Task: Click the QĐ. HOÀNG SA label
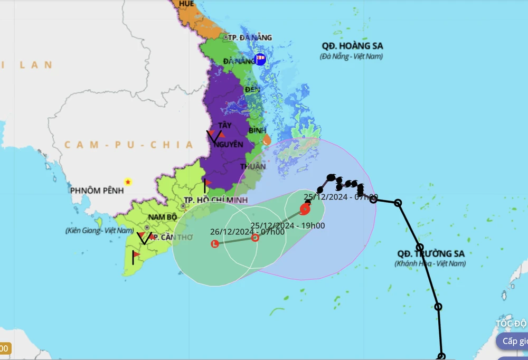[352, 46]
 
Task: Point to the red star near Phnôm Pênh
[128, 182]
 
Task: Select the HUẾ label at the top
[186, 4]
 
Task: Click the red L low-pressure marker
[214, 244]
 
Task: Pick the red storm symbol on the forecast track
[305, 209]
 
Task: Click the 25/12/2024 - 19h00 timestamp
[288, 226]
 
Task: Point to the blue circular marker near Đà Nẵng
[260, 59]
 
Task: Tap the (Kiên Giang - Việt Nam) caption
[100, 231]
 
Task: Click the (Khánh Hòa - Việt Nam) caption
[430, 263]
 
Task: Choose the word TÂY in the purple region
[225, 125]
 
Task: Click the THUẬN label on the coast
[257, 166]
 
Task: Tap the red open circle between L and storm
[255, 238]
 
